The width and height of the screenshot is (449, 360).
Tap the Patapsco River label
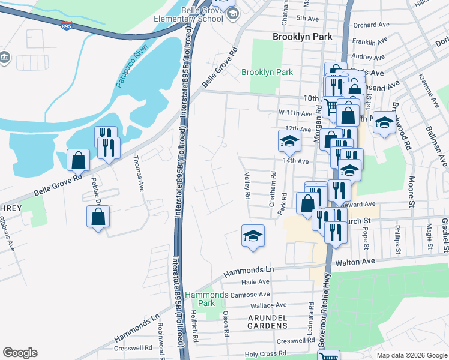pyautogui.click(x=132, y=67)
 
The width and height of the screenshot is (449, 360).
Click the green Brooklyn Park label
pyautogui.click(x=267, y=73)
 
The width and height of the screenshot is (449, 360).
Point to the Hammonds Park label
pyautogui.click(x=206, y=299)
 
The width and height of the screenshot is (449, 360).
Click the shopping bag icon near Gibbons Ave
pyautogui.click(x=98, y=217)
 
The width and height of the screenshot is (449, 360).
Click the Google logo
pyautogui.click(x=20, y=353)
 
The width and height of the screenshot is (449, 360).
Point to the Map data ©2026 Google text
pyautogui.click(x=412, y=355)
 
